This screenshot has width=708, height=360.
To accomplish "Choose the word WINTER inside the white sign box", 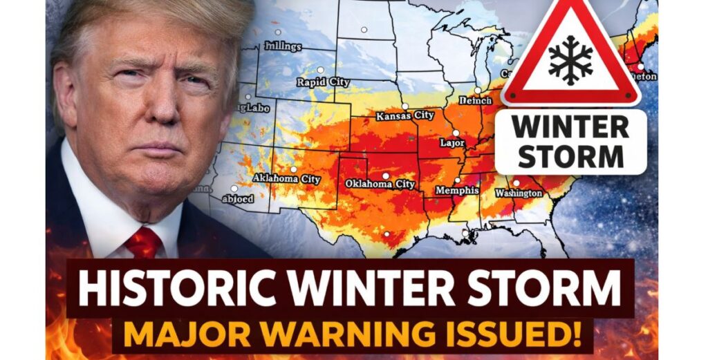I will (570, 128).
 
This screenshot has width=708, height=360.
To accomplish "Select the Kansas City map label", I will (405, 115).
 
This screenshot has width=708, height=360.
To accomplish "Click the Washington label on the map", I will (519, 193).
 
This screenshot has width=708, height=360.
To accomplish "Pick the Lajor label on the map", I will (453, 143).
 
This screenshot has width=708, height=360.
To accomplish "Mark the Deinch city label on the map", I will (476, 101).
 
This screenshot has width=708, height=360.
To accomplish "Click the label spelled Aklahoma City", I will (287, 179).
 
